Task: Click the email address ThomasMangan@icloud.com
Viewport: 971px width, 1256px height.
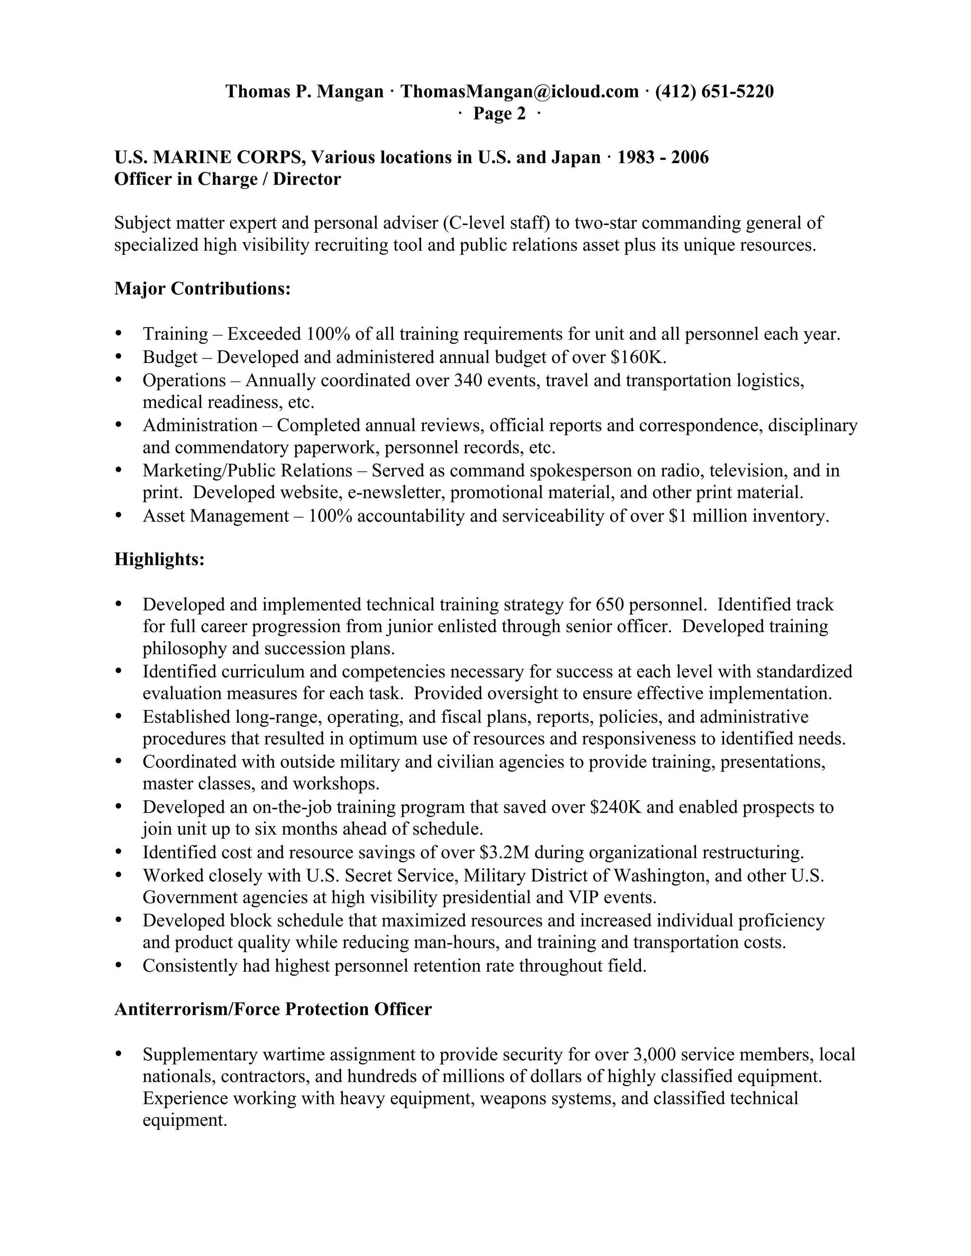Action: (520, 91)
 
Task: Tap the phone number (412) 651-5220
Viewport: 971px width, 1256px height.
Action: (715, 91)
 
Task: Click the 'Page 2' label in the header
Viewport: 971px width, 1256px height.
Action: (499, 114)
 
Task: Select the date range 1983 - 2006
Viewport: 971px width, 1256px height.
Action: (663, 157)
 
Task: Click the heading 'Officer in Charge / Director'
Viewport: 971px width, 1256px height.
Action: (228, 180)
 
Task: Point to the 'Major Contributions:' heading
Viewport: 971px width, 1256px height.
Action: (202, 288)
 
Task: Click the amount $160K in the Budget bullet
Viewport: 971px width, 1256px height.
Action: (638, 357)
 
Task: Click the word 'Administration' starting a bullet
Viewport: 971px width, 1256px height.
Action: (200, 425)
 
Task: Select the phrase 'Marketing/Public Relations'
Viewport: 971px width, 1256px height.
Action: (247, 471)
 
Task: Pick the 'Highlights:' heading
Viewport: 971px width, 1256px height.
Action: (159, 558)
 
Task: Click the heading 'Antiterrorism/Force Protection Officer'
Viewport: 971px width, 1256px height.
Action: (273, 1009)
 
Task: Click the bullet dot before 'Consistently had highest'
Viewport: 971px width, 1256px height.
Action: (119, 965)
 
